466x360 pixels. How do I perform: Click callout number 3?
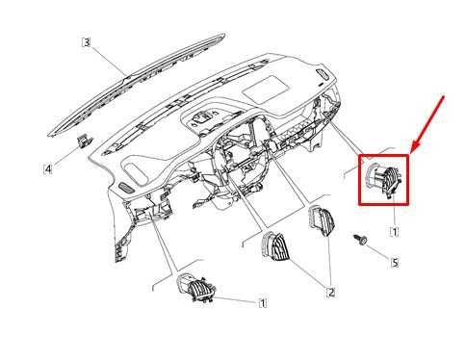[x=87, y=42]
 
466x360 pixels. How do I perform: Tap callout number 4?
[x=48, y=168]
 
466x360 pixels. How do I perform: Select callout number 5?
[x=395, y=263]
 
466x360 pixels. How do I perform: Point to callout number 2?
[x=331, y=293]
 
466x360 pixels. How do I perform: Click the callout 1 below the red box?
[x=395, y=231]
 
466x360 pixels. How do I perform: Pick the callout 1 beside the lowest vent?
[x=263, y=303]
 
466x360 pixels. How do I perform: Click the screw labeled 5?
[x=360, y=239]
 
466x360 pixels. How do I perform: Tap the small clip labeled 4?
[x=84, y=141]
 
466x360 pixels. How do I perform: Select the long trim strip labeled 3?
[x=138, y=84]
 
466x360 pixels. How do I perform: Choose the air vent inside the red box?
[x=383, y=180]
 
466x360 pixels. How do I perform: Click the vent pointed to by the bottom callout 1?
[x=195, y=288]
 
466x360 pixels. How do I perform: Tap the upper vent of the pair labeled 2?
[x=322, y=221]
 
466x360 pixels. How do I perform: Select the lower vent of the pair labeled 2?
[x=275, y=246]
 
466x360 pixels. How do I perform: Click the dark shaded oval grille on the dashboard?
[x=127, y=188]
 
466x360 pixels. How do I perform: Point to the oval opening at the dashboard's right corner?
[x=322, y=74]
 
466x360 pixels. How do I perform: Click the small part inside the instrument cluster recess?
[x=203, y=120]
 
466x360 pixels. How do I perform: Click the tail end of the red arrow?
[x=445, y=95]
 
